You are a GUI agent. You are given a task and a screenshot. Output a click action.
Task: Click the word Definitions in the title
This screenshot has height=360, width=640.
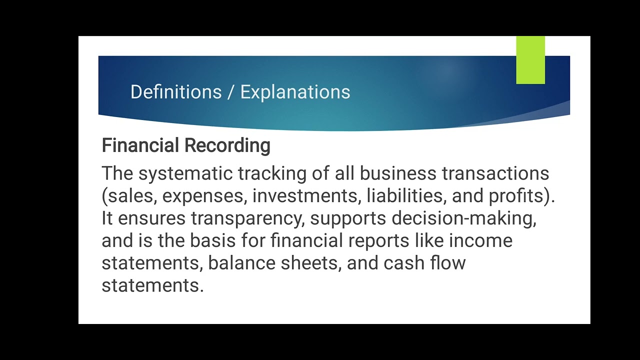[175, 92]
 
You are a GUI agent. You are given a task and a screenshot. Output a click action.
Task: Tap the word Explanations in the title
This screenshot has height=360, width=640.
[295, 92]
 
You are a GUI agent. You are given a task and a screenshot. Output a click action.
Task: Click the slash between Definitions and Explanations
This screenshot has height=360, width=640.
[230, 92]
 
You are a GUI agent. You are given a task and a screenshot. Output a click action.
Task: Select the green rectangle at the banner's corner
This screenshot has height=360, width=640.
[530, 60]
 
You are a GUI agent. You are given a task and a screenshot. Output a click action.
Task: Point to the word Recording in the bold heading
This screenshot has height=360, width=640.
[227, 145]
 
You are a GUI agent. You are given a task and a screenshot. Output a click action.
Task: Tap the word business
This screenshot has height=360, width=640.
[398, 173]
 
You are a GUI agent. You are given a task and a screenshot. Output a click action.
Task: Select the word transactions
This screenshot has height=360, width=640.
[495, 173]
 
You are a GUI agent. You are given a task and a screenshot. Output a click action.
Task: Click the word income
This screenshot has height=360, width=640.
[480, 241]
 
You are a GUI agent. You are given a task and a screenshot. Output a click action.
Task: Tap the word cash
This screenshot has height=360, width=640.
[404, 263]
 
